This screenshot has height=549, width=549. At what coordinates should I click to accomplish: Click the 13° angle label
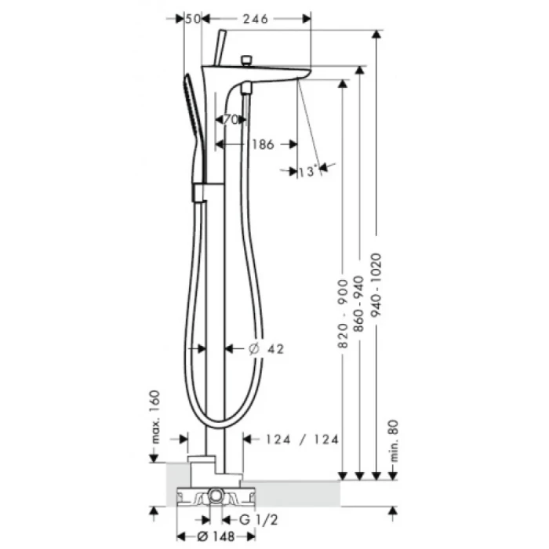(306, 171)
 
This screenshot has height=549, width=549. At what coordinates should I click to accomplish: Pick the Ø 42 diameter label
(267, 349)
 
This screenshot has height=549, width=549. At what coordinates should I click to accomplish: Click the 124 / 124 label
(301, 440)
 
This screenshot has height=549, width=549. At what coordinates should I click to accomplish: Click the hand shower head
(188, 102)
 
